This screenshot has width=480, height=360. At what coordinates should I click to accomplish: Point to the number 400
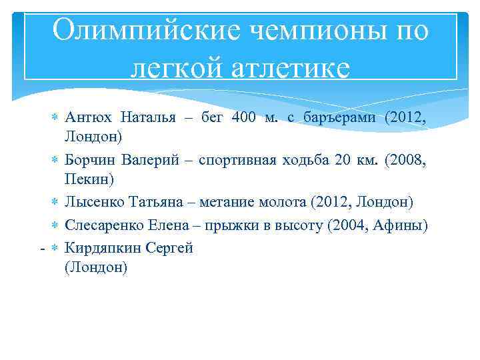tap(244, 118)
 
